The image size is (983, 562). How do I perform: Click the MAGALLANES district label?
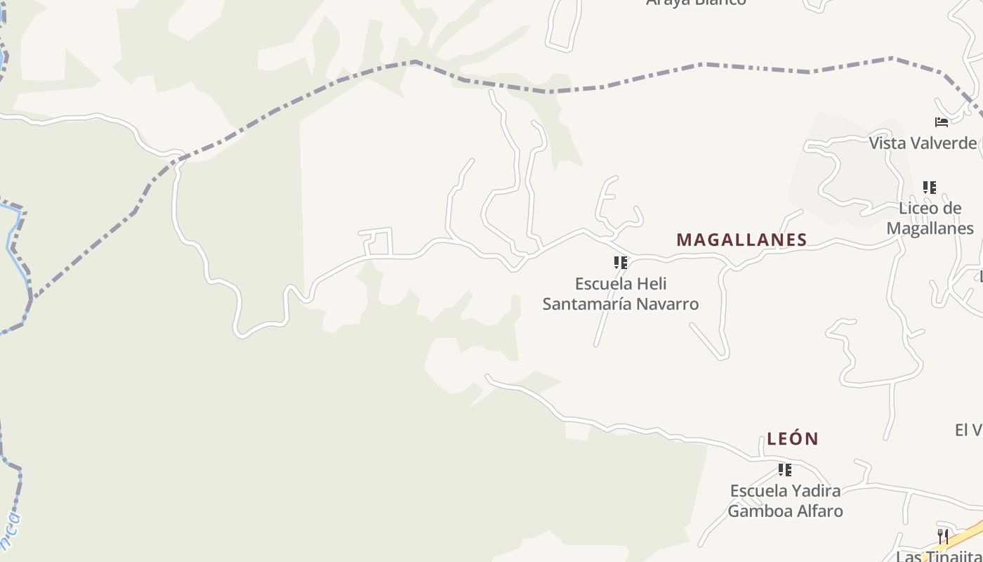point(741,240)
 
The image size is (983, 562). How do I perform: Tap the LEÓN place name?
point(793,439)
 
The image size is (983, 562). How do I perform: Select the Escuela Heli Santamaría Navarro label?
point(621,294)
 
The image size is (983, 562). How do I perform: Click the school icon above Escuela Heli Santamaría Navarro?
point(620,263)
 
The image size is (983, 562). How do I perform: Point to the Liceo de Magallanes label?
point(930,218)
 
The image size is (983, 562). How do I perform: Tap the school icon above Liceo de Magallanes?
point(929,188)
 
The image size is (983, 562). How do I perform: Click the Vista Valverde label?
point(923,143)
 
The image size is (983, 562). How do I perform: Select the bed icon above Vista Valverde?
point(942,122)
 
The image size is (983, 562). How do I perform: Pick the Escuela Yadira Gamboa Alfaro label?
point(785,500)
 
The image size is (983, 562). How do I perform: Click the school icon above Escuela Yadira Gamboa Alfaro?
point(784,469)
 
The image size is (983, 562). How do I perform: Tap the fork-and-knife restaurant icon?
point(943,537)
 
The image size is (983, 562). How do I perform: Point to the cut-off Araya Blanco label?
point(696,3)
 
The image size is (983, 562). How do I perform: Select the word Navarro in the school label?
point(667,304)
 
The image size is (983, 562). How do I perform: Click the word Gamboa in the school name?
point(758,511)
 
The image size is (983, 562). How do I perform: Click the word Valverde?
point(942,143)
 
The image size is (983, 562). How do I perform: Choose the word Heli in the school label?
point(652,284)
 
